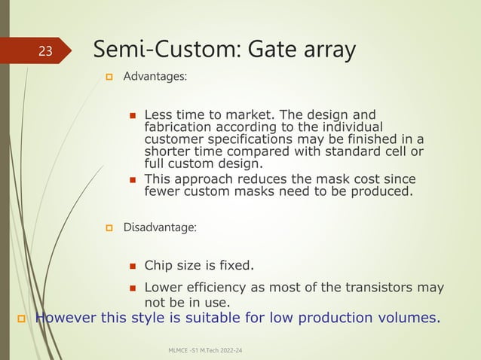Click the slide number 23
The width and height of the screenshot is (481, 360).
coord(46,51)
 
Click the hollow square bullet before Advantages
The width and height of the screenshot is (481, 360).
coord(109,78)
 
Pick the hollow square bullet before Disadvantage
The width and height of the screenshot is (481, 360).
coord(109,227)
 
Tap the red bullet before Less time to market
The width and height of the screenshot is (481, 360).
coord(132,116)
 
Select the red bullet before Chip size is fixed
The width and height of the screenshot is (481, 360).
coord(132,265)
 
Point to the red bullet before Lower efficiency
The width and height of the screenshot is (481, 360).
coord(132,287)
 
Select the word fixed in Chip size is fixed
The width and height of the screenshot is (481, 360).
coord(234,265)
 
